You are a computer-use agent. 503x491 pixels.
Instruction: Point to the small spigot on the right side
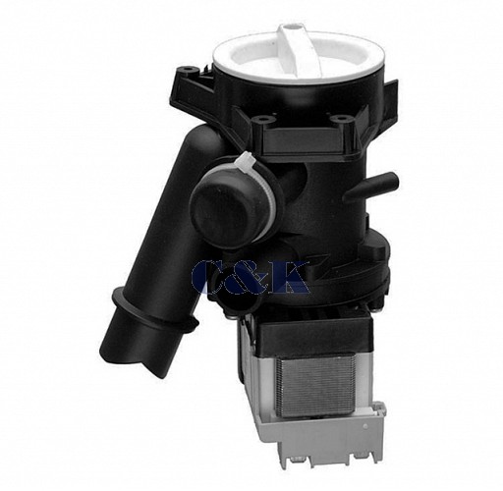point(370,185)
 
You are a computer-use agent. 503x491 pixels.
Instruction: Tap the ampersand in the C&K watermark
point(248,278)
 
